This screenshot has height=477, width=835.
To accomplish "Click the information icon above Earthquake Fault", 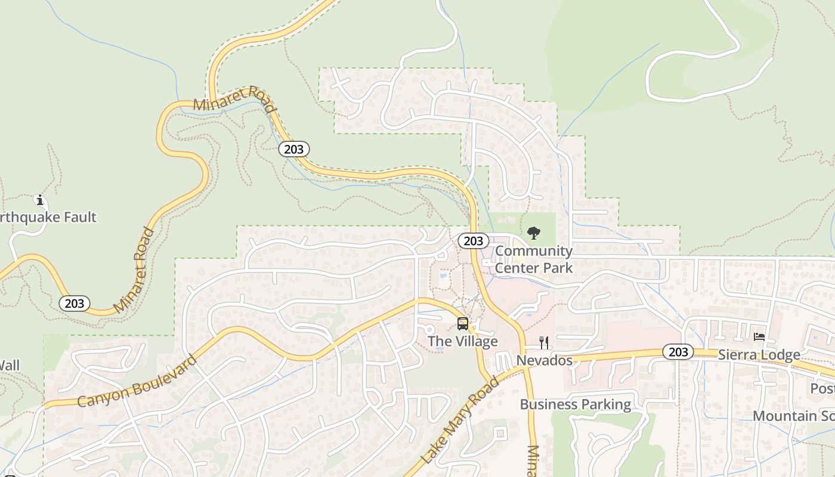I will [x=40, y=200].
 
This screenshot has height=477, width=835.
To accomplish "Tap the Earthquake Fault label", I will [x=48, y=217].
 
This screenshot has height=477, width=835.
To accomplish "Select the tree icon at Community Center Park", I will [x=534, y=233].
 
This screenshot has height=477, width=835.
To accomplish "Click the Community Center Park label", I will [x=534, y=259].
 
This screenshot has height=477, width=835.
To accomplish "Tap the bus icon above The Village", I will [x=463, y=324].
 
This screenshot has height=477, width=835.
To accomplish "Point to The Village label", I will [x=463, y=342].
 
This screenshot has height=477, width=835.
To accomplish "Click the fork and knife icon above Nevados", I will [x=544, y=342].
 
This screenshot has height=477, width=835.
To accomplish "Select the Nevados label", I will [x=544, y=361].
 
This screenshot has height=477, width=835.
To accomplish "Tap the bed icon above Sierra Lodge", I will [x=759, y=337].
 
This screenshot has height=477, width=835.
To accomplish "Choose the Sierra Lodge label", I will [x=759, y=355].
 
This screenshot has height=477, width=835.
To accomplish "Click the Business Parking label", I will [x=576, y=404].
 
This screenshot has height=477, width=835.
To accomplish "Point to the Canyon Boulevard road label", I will [x=137, y=382].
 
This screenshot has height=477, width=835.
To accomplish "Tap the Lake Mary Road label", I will [x=460, y=420].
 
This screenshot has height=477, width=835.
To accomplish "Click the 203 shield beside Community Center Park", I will [x=474, y=241].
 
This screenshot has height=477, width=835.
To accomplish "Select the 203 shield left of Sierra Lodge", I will [x=678, y=352].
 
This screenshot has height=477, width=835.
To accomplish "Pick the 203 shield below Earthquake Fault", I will [x=75, y=303].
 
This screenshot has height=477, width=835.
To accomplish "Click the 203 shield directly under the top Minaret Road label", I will [x=294, y=149].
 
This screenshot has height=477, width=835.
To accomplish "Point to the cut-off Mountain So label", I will [x=793, y=416].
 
